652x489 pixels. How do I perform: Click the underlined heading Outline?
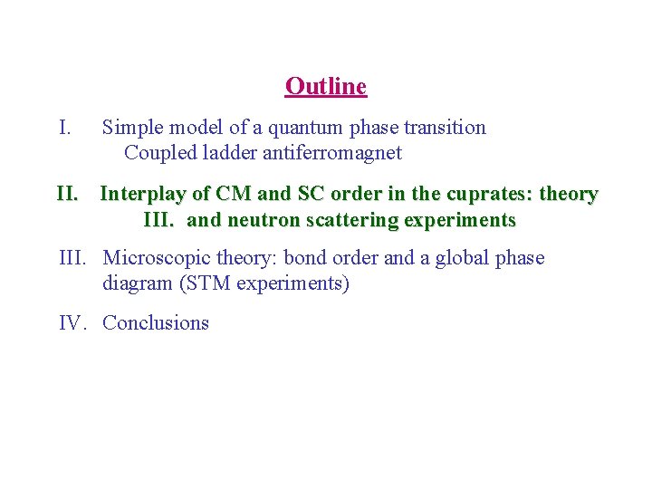[x=325, y=87]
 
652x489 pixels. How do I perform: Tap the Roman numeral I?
[x=65, y=128]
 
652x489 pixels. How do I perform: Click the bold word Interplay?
[x=141, y=194]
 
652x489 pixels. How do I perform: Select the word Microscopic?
[x=157, y=259]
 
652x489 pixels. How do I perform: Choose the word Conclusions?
[x=156, y=323]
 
